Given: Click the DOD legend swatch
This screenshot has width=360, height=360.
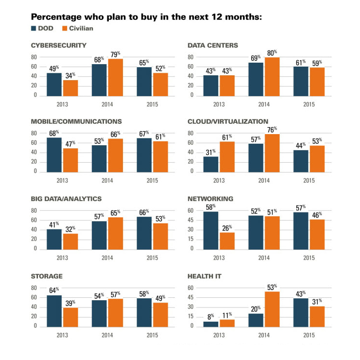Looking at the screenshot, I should (x=34, y=28).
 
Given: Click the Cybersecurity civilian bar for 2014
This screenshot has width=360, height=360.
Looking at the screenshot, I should (x=115, y=77).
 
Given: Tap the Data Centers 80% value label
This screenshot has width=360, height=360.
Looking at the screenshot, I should (x=272, y=52).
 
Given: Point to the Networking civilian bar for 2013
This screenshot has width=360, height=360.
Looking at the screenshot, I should (x=226, y=240).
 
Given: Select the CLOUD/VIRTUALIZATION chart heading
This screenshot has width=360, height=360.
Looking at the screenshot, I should (x=228, y=121).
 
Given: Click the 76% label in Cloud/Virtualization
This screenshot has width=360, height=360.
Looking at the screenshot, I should (x=272, y=130).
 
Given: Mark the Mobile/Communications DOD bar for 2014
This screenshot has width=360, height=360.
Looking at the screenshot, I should (x=100, y=158).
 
